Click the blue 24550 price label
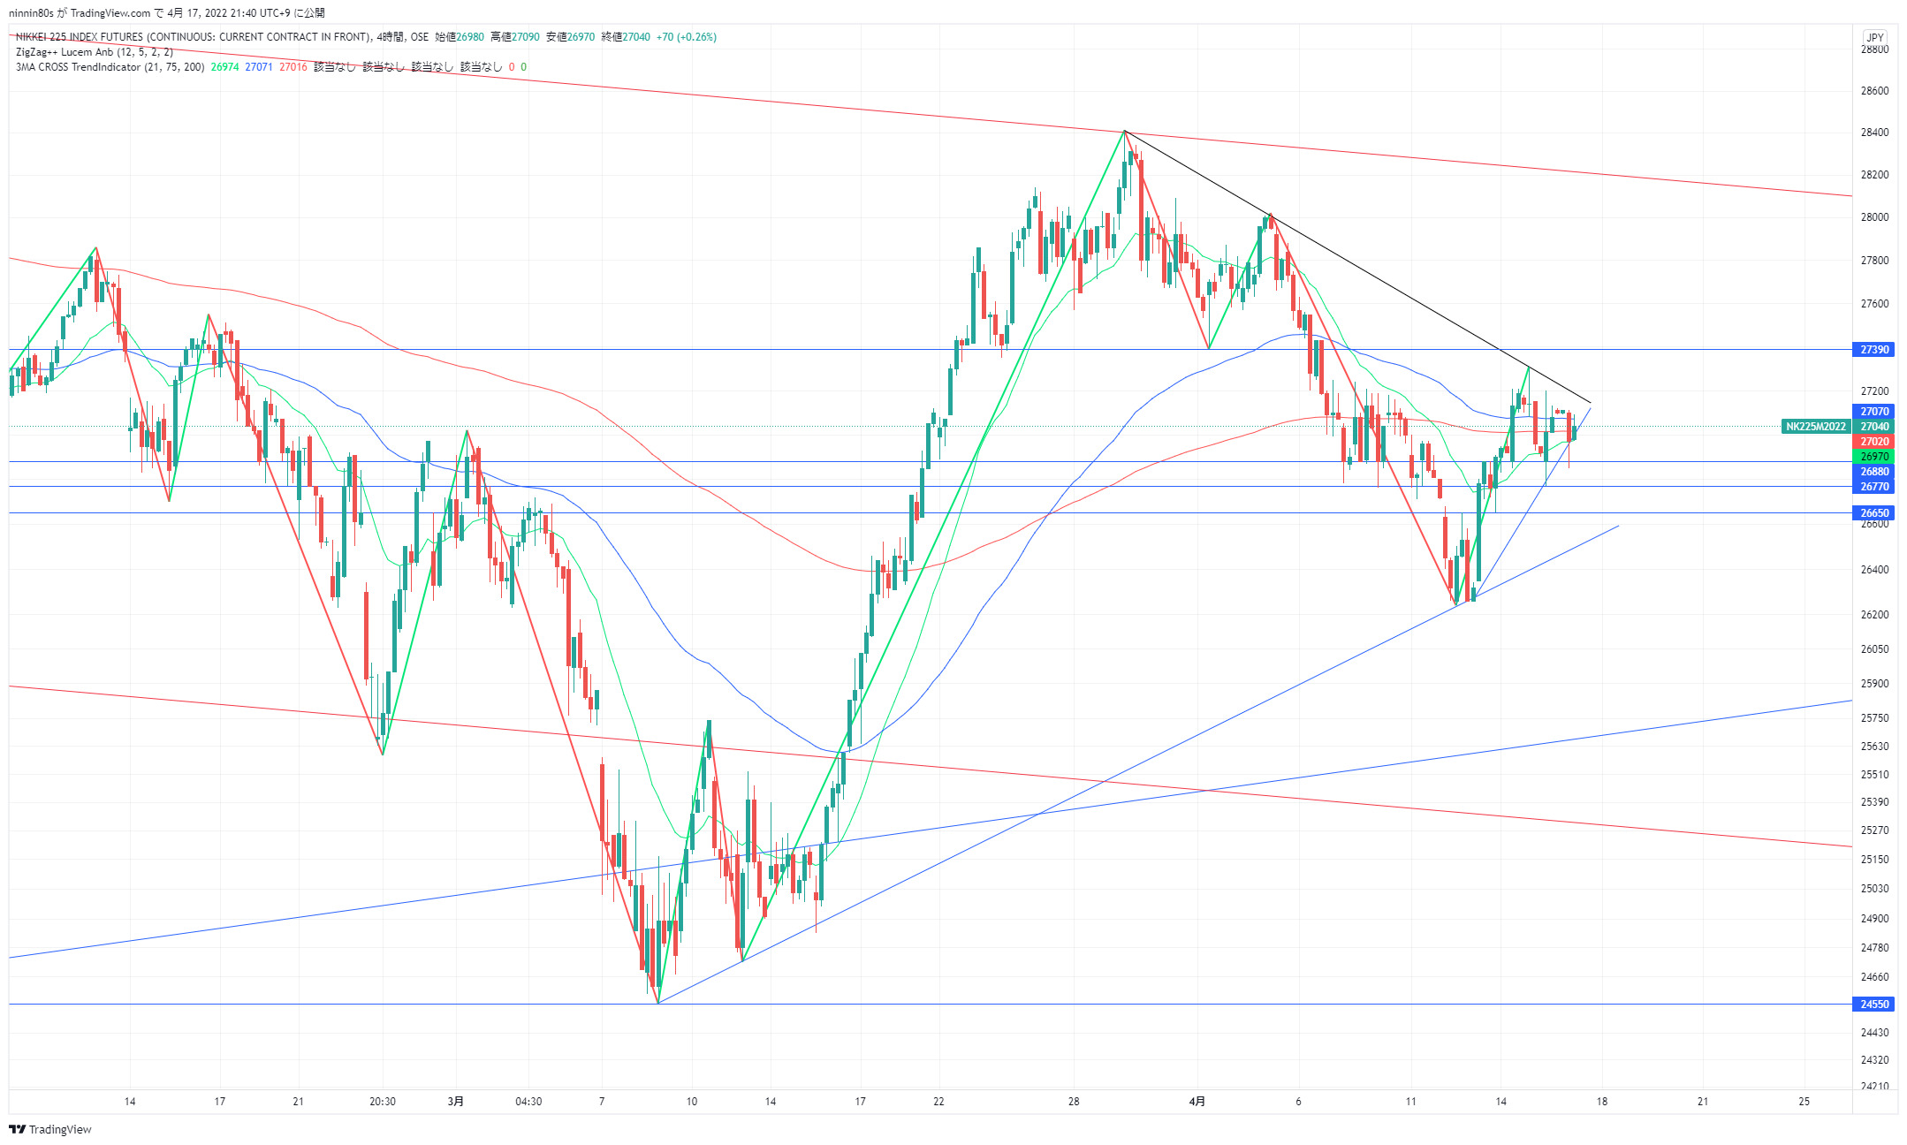[1874, 1004]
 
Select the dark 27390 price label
[1874, 350]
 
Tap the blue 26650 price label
[1874, 512]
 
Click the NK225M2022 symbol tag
[1815, 427]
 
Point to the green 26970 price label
[1874, 457]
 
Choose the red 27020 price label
[1874, 442]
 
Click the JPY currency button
[1874, 37]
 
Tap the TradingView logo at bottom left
[50, 1129]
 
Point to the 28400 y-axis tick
[1874, 133]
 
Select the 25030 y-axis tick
[1874, 889]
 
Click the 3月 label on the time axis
[455, 1101]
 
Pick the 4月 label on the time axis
[1197, 1101]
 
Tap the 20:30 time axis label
[382, 1101]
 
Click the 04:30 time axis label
[528, 1101]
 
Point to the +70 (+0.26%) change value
[687, 37]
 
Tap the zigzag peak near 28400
[1124, 131]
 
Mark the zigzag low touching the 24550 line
[658, 1002]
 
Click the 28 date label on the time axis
[1074, 1101]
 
